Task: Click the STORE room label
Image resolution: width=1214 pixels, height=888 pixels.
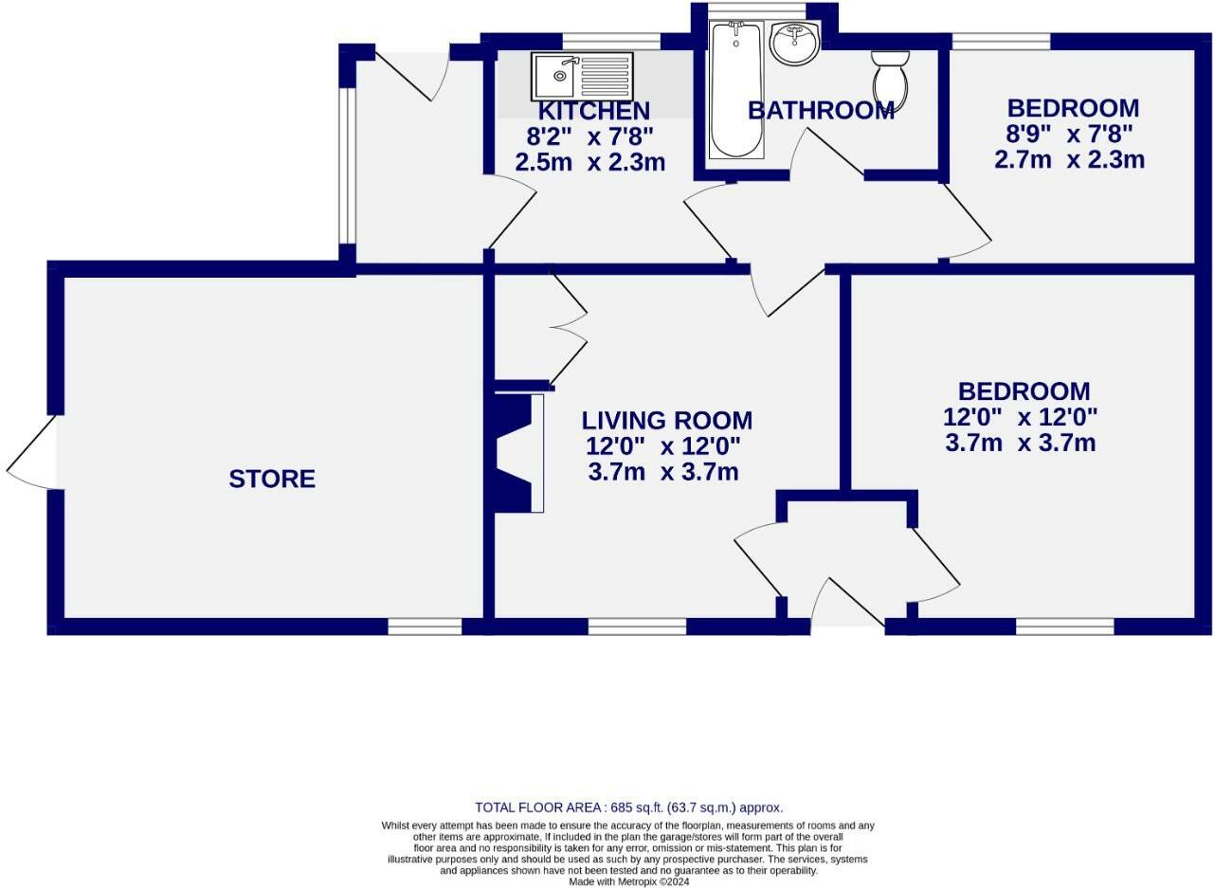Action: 272,479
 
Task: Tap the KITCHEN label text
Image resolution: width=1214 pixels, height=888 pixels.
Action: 593,111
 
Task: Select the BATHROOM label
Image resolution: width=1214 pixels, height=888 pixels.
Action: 821,110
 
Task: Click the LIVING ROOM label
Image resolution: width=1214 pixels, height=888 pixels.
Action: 666,420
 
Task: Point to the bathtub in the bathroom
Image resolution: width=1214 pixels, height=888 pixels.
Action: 735,90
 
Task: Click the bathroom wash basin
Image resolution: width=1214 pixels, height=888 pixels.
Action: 794,44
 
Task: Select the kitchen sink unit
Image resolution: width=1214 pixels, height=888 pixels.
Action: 582,76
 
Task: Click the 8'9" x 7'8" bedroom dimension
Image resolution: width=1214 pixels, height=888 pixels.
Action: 1069,134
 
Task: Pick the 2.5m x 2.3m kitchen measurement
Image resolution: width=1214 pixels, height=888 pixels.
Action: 589,162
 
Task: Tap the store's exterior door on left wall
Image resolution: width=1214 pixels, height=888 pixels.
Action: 33,453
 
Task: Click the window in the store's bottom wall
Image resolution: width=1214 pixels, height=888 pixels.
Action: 425,626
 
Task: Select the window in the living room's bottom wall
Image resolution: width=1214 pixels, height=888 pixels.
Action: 637,626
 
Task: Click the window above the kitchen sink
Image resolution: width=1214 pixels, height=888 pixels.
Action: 611,41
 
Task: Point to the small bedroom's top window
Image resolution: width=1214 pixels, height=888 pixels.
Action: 1001,41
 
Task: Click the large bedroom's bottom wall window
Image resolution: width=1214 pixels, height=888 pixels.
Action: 1064,626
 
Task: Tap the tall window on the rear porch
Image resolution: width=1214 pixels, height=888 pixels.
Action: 347,166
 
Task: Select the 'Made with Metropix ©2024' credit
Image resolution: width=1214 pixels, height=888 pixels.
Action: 628,881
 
